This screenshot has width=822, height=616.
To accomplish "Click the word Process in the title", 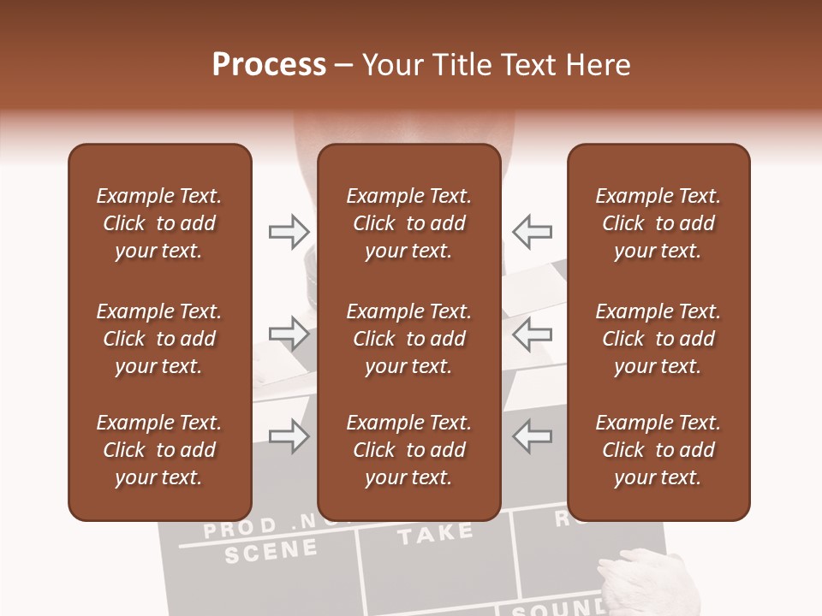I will pos(269,65).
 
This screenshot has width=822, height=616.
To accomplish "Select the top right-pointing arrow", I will pos(289,231).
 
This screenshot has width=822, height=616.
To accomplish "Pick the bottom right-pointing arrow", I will pos(289,435).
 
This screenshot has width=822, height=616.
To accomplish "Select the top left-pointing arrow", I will pos(532,231).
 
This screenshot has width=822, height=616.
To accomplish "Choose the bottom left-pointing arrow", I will pos(532,435).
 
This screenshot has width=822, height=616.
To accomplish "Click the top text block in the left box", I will pos(159,223).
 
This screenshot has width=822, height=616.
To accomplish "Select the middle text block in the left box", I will pos(159,339).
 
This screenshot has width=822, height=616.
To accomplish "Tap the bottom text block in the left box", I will pos(159,450).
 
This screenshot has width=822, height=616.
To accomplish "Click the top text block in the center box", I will pos(408,223).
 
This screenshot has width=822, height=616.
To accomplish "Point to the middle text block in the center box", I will pos(408,339).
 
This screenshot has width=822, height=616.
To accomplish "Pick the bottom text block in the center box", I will pos(408,450).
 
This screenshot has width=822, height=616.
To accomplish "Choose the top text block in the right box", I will pos(658,223).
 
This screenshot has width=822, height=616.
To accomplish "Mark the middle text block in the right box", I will pos(658,339).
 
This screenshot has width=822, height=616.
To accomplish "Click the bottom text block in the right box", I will pos(658,450).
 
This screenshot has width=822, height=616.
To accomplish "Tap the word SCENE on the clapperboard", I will pos(271,551).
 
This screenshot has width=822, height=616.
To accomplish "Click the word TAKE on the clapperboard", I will pos(435,535).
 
